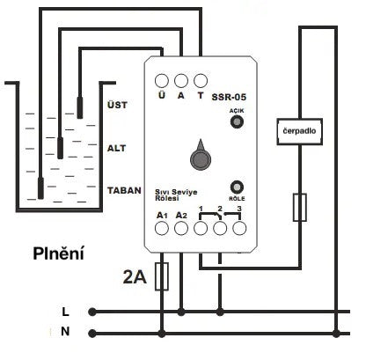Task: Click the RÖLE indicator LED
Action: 236,187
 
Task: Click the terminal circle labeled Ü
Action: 162,80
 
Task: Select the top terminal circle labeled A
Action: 181,80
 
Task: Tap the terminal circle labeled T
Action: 201,80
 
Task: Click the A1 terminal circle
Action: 162,229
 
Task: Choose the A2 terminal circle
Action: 181,229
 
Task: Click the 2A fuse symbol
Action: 162,276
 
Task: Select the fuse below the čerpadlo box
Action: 300,206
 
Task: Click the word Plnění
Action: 59,254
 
